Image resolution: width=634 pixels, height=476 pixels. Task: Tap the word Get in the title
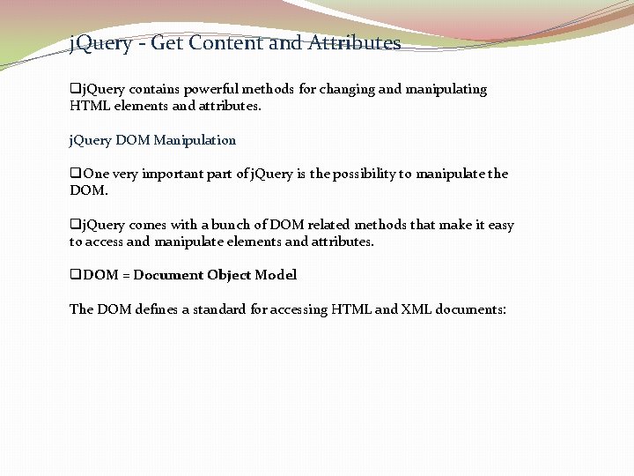coord(166,42)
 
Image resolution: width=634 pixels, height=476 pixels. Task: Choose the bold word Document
coord(168,275)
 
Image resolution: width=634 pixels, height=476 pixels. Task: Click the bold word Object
coord(229,275)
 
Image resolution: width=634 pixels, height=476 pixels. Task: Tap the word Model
coord(276,275)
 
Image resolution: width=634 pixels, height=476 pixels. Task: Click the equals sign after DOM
coord(126,275)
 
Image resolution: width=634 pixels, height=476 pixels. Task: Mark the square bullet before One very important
coord(75,174)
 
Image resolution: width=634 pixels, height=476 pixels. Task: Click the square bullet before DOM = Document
coord(75,275)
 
